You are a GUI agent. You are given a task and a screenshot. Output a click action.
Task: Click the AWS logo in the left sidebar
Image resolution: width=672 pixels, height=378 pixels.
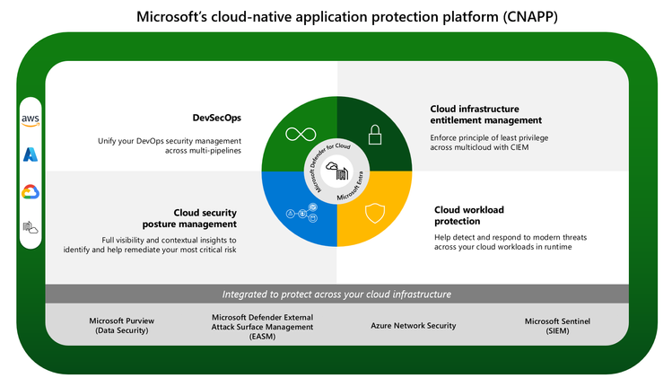31,119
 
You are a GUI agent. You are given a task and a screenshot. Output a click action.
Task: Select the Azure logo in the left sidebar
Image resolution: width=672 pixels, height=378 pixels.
31,154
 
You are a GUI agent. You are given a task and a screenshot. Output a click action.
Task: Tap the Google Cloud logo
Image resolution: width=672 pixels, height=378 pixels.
31,192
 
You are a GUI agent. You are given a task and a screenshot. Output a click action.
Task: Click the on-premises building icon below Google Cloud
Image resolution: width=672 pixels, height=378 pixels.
31,228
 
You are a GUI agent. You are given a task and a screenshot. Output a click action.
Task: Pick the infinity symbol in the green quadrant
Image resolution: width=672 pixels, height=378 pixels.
297,135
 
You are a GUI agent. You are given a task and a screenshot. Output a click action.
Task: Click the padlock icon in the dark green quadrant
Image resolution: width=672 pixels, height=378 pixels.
376,135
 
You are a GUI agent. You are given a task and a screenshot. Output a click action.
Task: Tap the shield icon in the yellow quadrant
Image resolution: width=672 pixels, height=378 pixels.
376,214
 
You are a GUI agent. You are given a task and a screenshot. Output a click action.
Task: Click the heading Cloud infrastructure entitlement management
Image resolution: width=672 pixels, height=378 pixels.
485,114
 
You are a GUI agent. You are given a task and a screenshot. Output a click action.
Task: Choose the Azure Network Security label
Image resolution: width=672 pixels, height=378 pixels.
413,325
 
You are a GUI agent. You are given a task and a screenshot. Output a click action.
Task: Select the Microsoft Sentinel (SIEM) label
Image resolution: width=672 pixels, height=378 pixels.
561,325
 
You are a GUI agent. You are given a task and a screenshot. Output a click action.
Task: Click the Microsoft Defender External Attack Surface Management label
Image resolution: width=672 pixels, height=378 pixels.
262,326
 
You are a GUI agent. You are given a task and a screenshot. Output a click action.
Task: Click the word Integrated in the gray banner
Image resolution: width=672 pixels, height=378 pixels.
248,294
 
